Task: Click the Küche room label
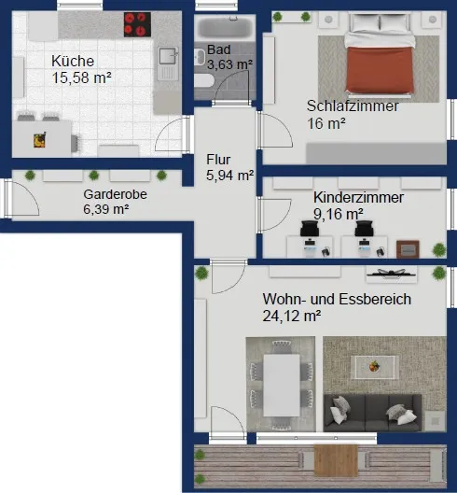pyautogui.click(x=73, y=62)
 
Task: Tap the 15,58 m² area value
pyautogui.click(x=82, y=78)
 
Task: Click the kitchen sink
pyautogui.click(x=167, y=63)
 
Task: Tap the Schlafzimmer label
pyautogui.click(x=353, y=106)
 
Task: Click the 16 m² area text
pyautogui.click(x=326, y=123)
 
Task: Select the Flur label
pyautogui.click(x=218, y=159)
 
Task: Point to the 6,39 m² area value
pyautogui.click(x=106, y=209)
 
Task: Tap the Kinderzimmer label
pyautogui.click(x=358, y=198)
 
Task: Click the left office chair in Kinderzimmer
pyautogui.click(x=310, y=228)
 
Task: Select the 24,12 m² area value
pyautogui.click(x=292, y=317)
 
